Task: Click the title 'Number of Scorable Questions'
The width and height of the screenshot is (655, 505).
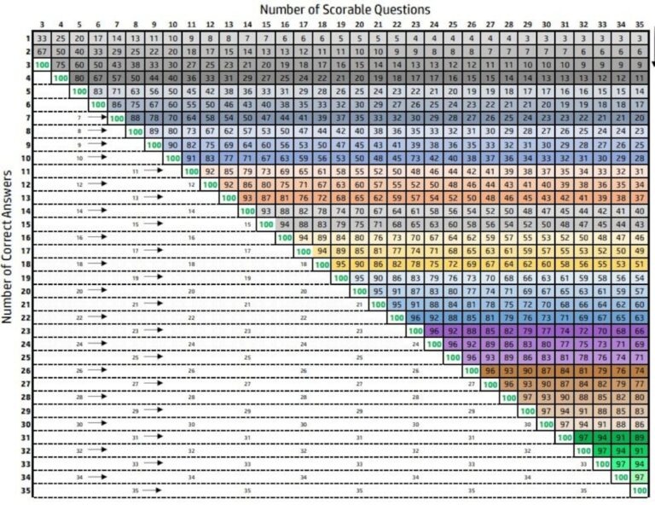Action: (x=345, y=9)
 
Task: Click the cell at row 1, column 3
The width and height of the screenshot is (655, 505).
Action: (x=42, y=38)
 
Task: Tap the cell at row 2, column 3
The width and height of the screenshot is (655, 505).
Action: (x=42, y=51)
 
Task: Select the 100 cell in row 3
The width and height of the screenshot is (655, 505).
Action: (x=42, y=65)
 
